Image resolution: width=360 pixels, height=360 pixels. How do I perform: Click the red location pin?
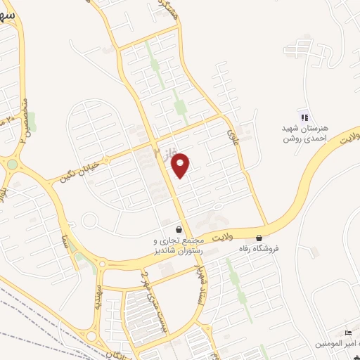pyautogui.click(x=181, y=164)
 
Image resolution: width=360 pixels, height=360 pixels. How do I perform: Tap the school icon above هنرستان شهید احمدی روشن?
pyautogui.click(x=304, y=117)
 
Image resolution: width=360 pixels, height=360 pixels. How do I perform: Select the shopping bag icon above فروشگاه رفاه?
pyautogui.click(x=260, y=238)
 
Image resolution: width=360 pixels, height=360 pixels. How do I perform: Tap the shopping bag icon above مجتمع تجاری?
pyautogui.click(x=179, y=229)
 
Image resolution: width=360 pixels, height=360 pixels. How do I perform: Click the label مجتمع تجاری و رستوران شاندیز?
pyautogui.click(x=175, y=244)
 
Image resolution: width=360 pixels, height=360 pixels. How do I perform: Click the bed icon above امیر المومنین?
pyautogui.click(x=347, y=333)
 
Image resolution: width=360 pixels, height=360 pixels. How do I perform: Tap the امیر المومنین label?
pyautogui.click(x=340, y=343)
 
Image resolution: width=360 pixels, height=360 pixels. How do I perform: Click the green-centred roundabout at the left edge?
pyautogui.click(x=13, y=165)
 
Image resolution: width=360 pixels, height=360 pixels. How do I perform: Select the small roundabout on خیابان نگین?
pyautogui.click(x=90, y=220)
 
